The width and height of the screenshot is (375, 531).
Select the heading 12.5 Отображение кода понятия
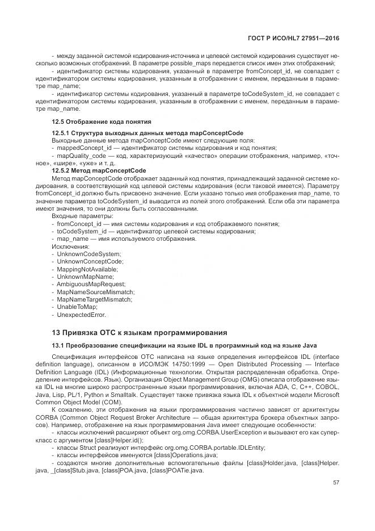click(x=102, y=121)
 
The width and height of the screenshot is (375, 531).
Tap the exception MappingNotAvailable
click(x=87, y=269)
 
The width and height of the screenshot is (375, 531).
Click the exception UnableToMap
click(x=78, y=307)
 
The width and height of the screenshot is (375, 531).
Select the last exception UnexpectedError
click(x=81, y=314)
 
